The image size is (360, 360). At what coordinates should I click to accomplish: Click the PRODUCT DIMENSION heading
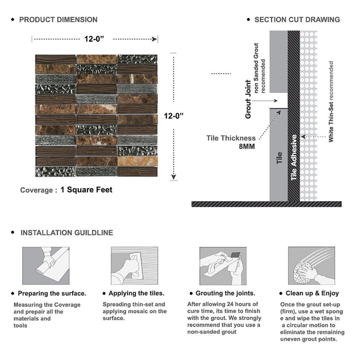58,20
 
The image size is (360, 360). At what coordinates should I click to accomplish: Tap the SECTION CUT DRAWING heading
297,20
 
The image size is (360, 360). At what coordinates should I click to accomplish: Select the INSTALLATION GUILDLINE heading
66,232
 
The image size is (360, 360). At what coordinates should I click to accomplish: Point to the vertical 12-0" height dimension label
173,116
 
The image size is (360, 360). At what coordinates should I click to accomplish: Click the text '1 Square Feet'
86,190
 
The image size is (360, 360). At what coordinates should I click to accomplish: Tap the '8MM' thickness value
246,146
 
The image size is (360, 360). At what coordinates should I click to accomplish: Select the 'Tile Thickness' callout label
231,138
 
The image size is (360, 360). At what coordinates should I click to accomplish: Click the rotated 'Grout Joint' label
248,99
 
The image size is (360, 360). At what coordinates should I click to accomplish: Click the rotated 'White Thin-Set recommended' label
331,102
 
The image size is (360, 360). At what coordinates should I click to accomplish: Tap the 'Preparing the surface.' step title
52,293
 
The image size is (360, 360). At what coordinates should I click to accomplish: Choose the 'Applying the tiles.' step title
137,293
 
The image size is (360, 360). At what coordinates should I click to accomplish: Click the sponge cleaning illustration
311,265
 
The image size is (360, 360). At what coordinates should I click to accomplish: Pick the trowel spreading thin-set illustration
134,265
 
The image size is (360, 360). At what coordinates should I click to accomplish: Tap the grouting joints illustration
223,265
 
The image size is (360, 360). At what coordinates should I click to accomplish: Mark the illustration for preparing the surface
45,265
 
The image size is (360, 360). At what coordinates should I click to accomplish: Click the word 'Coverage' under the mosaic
36,190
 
